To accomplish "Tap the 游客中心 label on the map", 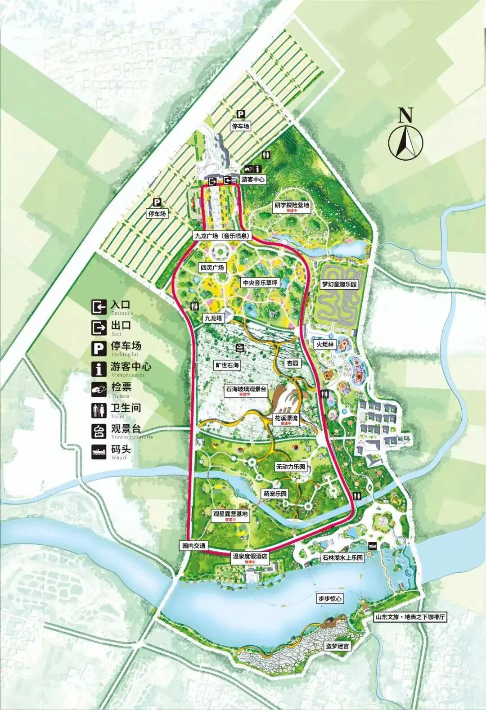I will click(253, 179).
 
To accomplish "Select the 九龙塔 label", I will click(213, 318).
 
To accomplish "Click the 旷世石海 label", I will click(226, 365).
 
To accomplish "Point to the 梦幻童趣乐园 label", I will click(339, 284).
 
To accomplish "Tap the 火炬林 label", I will click(324, 344).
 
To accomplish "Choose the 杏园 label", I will click(292, 363).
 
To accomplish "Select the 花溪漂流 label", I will click(286, 418).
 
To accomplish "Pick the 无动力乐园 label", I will click(290, 467).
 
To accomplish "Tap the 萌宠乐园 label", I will click(275, 494).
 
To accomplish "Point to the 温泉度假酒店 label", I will click(250, 557).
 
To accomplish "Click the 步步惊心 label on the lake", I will click(330, 599).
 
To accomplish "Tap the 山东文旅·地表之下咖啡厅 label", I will click(410, 617).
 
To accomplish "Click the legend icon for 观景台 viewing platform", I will click(99, 431).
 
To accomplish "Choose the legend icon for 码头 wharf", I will click(99, 452).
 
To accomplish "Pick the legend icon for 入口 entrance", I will click(99, 307).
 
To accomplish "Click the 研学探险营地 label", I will click(292, 206).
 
